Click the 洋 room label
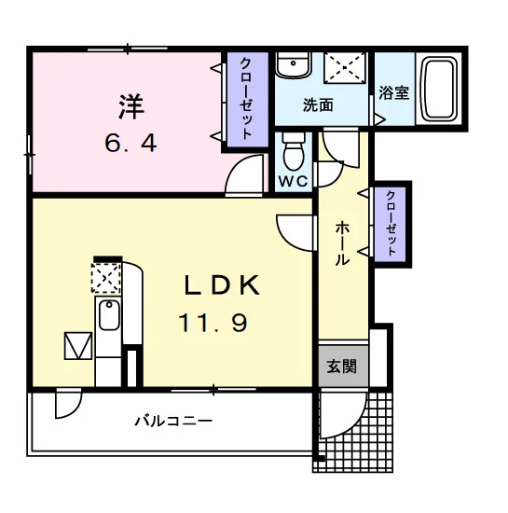tap(131, 106)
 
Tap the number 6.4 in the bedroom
tap(130, 144)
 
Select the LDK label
tap(222, 285)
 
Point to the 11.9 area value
tap(213, 323)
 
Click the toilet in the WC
tap(294, 151)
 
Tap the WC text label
tap(294, 181)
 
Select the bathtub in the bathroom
tap(439, 89)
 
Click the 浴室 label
tap(394, 92)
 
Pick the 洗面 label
tap(318, 105)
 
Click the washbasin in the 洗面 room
tap(294, 65)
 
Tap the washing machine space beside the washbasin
tap(345, 67)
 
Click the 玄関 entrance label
tap(341, 367)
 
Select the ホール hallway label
tap(342, 243)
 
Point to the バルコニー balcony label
tap(173, 420)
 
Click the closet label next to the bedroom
tap(246, 99)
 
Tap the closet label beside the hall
tap(391, 224)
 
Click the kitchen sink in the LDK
tap(109, 315)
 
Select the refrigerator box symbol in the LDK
tap(78, 346)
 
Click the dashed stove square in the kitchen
tap(106, 278)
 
